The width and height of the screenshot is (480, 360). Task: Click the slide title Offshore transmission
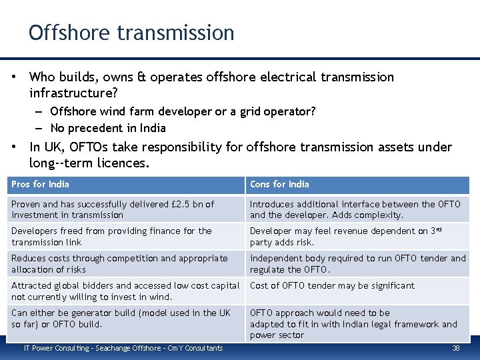[x=131, y=33]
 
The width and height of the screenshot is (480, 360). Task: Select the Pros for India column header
[x=40, y=184]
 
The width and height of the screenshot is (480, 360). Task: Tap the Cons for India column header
[x=279, y=184]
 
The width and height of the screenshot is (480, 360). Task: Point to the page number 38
[x=456, y=348]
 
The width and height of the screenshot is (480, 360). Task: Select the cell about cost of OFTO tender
[x=332, y=285]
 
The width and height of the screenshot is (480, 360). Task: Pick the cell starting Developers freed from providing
[x=111, y=236]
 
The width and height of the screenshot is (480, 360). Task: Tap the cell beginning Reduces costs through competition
[x=119, y=263]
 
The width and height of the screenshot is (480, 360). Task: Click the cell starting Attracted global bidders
[x=125, y=291]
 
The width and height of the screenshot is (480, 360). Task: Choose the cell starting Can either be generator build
[x=121, y=318]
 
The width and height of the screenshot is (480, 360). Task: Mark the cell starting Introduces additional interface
[x=355, y=209]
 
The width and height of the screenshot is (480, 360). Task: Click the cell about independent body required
[x=357, y=263]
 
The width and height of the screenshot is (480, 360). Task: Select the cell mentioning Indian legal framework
[x=353, y=323]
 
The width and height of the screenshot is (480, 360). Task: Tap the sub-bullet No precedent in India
[x=108, y=128]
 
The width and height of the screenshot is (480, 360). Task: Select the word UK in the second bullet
[x=55, y=147]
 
